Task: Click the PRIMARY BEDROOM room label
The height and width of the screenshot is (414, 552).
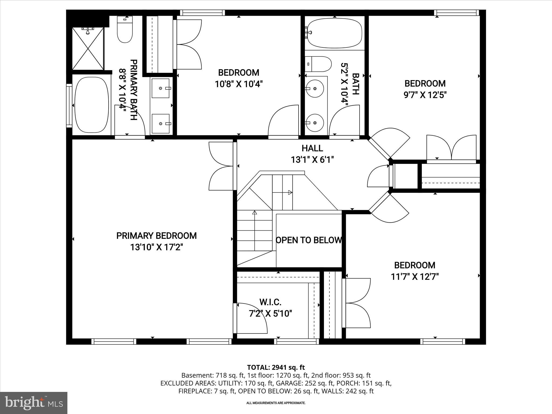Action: [156, 236]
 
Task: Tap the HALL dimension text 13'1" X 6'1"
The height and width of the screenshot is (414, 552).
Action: [312, 160]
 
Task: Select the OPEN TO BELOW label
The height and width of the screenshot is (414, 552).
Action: [309, 240]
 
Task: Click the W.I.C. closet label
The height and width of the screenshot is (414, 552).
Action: [270, 302]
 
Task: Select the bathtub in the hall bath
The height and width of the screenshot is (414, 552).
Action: [334, 33]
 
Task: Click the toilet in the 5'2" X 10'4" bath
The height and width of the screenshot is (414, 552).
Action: [319, 64]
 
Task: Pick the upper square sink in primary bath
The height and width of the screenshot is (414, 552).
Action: [161, 88]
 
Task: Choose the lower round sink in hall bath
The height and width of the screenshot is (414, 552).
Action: [315, 123]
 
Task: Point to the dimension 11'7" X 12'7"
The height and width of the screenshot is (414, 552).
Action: [415, 277]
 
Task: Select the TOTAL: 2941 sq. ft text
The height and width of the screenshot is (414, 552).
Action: [276, 367]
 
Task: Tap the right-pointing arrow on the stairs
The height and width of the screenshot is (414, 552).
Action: [290, 192]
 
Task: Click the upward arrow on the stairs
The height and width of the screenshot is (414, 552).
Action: [254, 213]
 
